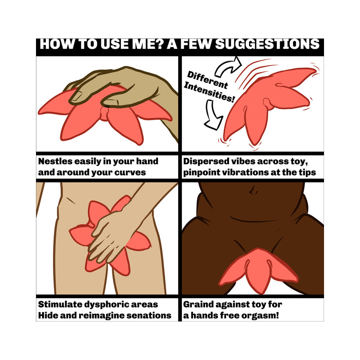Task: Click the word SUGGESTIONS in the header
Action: coord(267,44)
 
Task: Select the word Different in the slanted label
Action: coord(208,80)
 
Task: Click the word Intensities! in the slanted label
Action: coord(209,92)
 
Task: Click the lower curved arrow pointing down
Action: coord(212,115)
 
